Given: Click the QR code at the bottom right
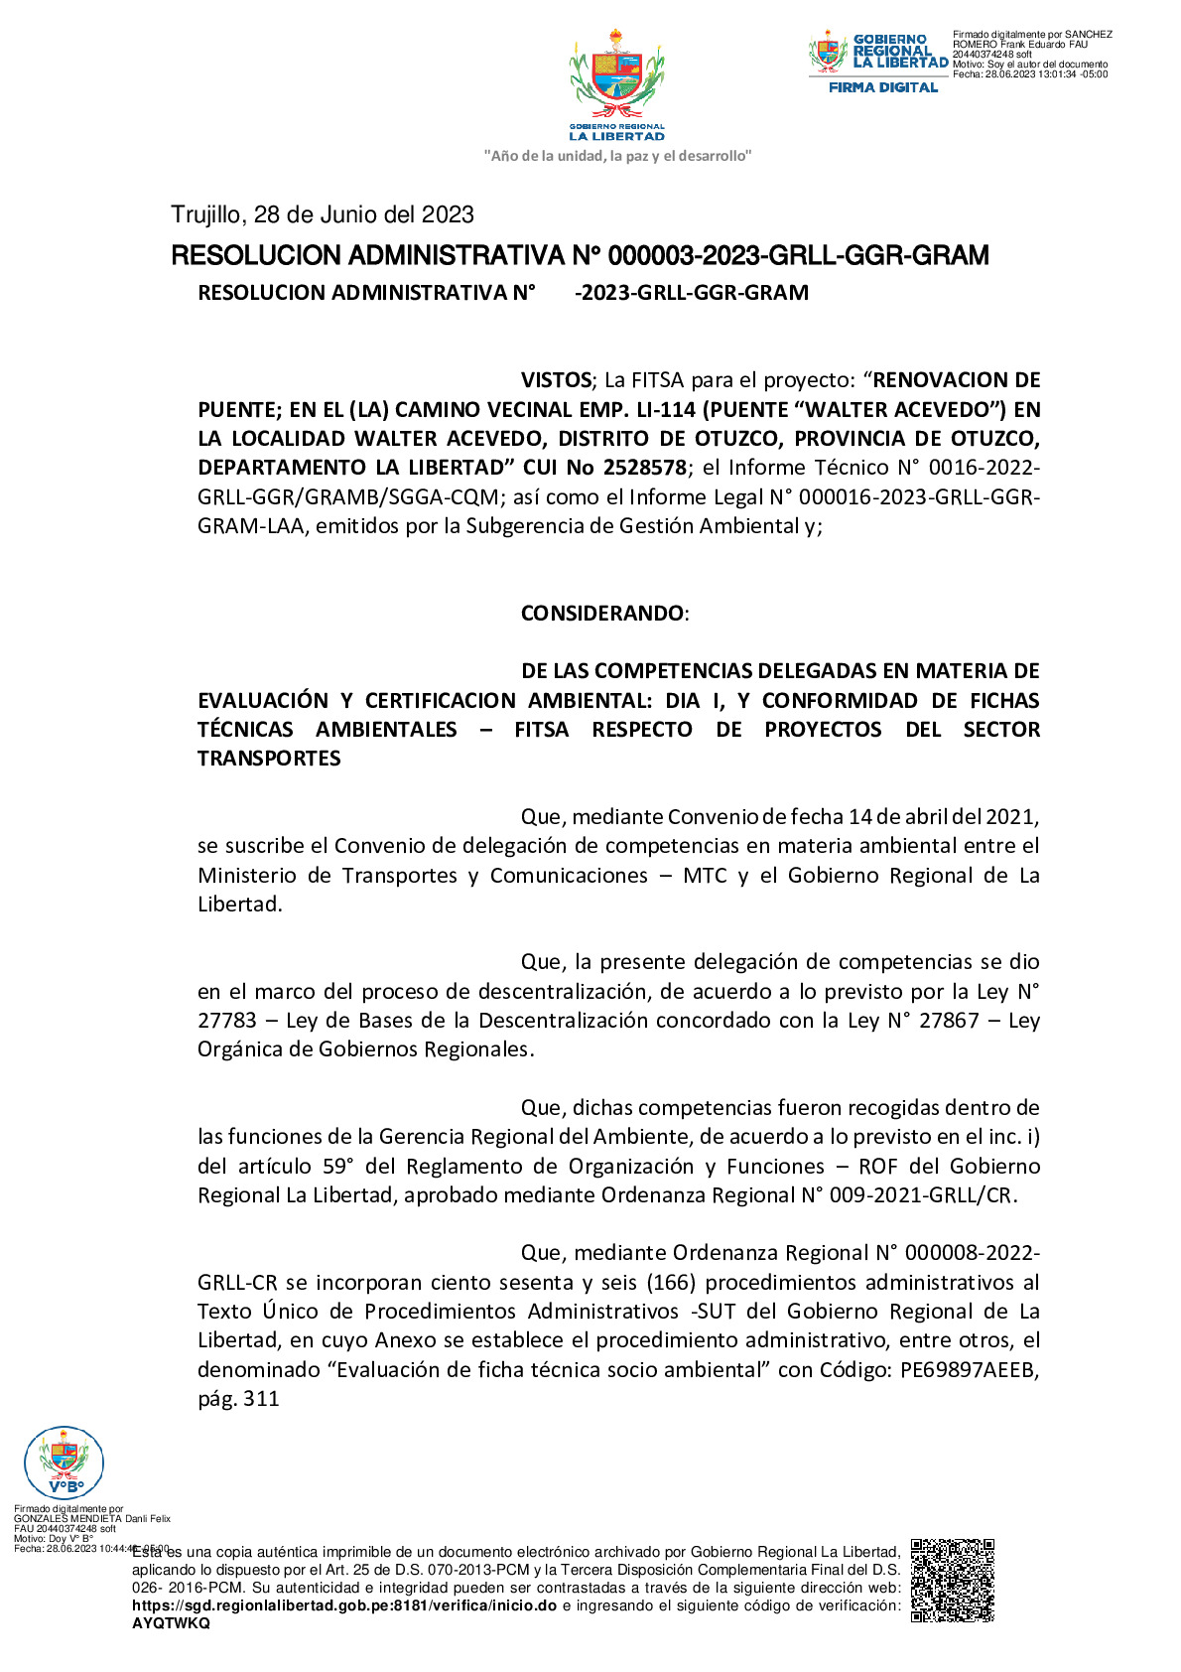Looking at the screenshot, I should [952, 1580].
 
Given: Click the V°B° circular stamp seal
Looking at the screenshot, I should [64, 1462].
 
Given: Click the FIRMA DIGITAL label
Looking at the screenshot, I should [883, 87].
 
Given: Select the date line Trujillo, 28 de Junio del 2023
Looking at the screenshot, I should [323, 214].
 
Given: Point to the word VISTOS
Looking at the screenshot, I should [556, 380].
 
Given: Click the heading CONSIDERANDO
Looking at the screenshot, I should [602, 613].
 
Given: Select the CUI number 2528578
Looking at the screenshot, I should [644, 468].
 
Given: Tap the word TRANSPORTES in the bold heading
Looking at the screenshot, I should [269, 759].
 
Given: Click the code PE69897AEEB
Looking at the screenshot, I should [969, 1370].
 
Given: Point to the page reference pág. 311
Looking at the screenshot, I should [238, 1399].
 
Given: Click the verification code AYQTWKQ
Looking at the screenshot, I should [171, 1623].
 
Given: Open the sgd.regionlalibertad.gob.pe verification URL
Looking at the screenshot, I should [344, 1605].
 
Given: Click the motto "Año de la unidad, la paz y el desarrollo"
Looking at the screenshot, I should [617, 156].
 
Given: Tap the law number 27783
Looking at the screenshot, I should [226, 1021].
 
